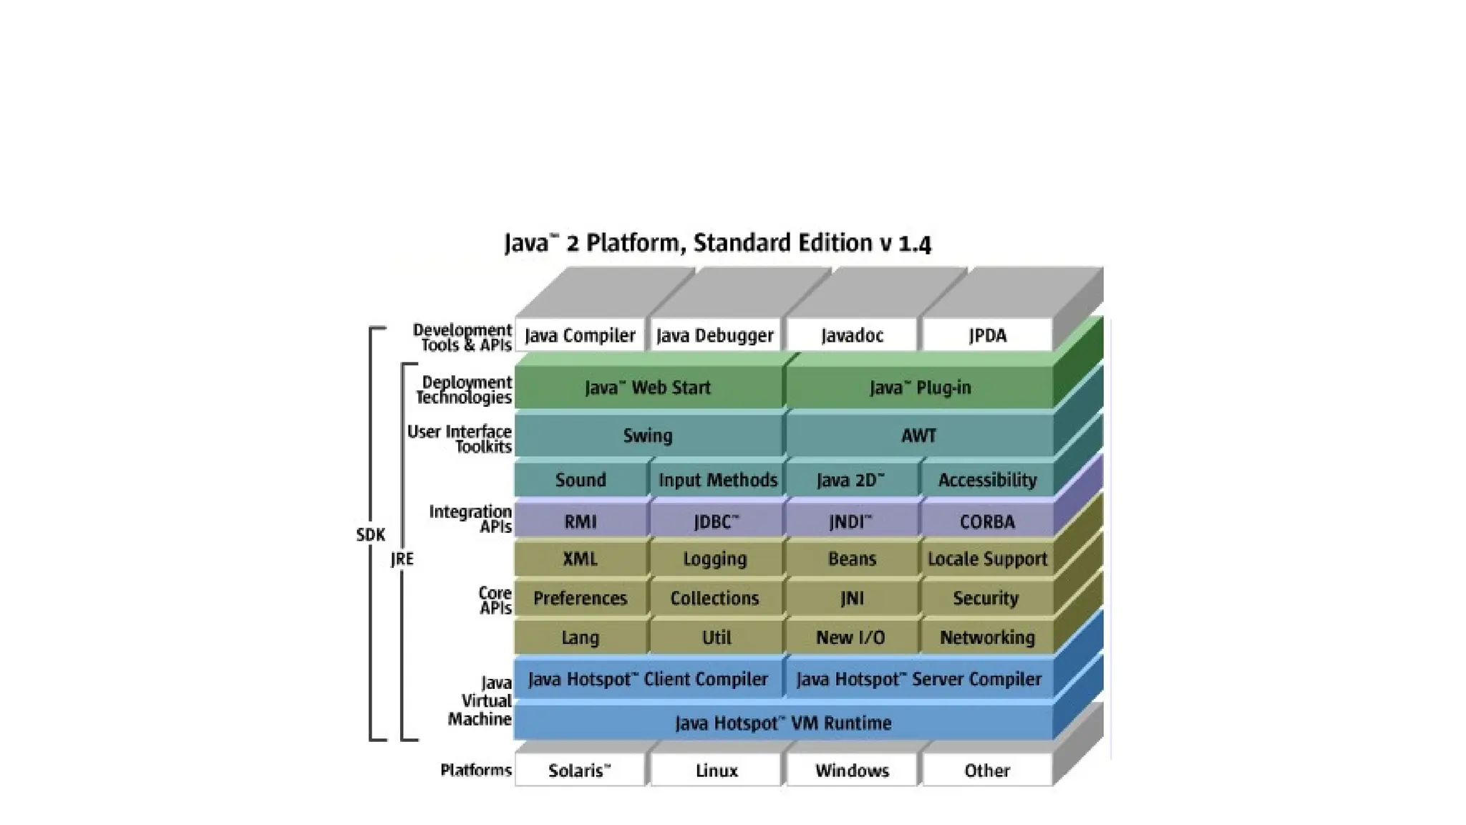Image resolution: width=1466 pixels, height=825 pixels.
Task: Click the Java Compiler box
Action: (x=580, y=335)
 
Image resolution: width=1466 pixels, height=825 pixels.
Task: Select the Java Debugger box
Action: (x=715, y=335)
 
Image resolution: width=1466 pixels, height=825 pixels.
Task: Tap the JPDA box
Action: (x=987, y=335)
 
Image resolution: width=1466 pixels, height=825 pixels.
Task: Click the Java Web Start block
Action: (x=648, y=388)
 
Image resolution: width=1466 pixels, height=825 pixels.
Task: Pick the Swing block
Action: (x=648, y=435)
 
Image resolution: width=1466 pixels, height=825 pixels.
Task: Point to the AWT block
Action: (x=918, y=435)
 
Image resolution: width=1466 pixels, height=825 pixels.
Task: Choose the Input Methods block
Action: (x=717, y=480)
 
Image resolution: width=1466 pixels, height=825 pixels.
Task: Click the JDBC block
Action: (x=716, y=521)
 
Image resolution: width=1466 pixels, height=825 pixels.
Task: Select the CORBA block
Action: (x=987, y=521)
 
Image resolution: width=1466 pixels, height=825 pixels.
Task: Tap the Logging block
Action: (x=715, y=559)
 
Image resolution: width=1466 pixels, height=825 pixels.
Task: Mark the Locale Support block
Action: (x=987, y=559)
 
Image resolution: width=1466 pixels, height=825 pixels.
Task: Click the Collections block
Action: (x=715, y=598)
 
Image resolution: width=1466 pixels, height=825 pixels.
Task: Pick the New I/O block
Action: (x=851, y=637)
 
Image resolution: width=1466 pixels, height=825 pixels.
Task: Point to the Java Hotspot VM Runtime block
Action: (x=783, y=723)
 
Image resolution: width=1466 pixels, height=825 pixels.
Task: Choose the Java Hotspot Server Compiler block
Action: (x=918, y=679)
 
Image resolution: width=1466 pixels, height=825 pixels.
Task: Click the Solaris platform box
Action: (x=580, y=771)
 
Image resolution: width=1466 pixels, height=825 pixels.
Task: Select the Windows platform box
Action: (x=852, y=771)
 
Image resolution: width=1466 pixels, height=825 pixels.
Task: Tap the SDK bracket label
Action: (x=371, y=534)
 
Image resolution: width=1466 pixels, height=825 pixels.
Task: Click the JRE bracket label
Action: (x=402, y=559)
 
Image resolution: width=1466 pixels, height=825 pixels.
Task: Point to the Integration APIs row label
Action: (x=470, y=519)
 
